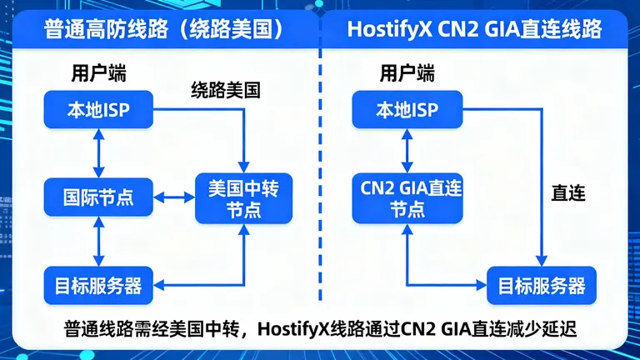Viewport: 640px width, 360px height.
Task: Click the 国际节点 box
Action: pyautogui.click(x=98, y=198)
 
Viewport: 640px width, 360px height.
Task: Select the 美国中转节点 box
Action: pyautogui.click(x=242, y=198)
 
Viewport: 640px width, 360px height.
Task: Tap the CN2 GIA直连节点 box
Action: pyautogui.click(x=407, y=198)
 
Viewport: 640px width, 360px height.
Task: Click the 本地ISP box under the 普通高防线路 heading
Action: pyautogui.click(x=98, y=110)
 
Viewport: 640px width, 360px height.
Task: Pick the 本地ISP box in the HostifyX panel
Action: pyautogui.click(x=407, y=110)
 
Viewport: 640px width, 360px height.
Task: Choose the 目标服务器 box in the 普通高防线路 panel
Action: pyautogui.click(x=98, y=286)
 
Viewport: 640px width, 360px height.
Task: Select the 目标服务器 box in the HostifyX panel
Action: pyautogui.click(x=542, y=286)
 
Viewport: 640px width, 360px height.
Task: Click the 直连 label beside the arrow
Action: pyautogui.click(x=568, y=193)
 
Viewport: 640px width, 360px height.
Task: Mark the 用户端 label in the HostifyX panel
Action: pyautogui.click(x=407, y=72)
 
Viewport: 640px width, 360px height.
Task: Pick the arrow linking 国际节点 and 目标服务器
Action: pyautogui.click(x=98, y=242)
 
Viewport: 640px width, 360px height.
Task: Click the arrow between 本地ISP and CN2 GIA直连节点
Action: pyautogui.click(x=407, y=152)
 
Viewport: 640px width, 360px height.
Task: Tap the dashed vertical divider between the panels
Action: pyautogui.click(x=321, y=167)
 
